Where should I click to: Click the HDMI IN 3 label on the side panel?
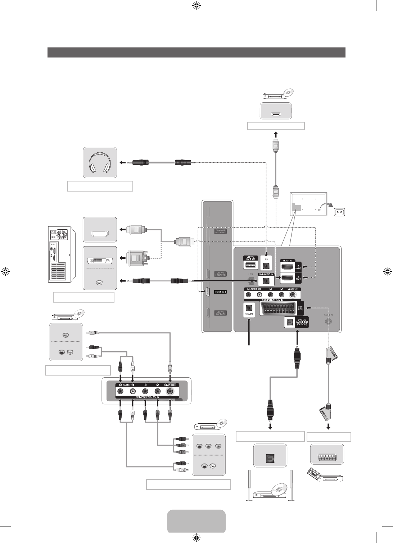220,292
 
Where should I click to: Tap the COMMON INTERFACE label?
220,231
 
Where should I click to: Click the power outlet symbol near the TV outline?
339,212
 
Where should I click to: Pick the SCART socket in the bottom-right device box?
327,454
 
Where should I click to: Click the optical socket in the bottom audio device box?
270,457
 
